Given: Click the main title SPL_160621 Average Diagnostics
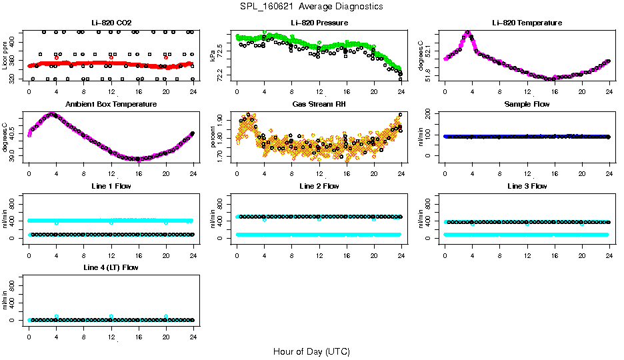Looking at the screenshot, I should point(312,6).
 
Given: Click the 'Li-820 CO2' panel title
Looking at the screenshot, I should point(111,23).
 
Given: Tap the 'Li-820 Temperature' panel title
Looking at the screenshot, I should point(527,23).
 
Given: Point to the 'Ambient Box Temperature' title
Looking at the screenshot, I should point(111,105).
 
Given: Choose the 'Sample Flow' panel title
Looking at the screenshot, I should point(527,105).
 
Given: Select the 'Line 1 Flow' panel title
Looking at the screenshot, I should point(111,186).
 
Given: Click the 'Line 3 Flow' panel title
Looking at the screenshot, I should point(527,186).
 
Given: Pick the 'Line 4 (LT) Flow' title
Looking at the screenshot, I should point(111,267).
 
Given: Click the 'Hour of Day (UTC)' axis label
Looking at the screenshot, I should point(311,351).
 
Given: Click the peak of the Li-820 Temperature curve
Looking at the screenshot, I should point(467,32).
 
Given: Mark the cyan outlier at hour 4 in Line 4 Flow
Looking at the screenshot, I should point(57,317).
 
